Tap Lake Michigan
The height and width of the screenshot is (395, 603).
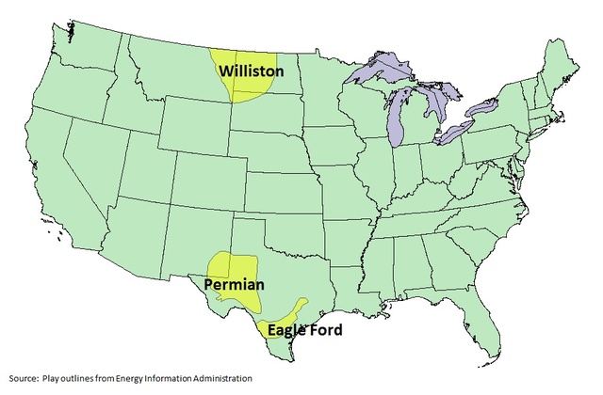point(397,118)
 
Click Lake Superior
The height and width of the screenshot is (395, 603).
point(377,73)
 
